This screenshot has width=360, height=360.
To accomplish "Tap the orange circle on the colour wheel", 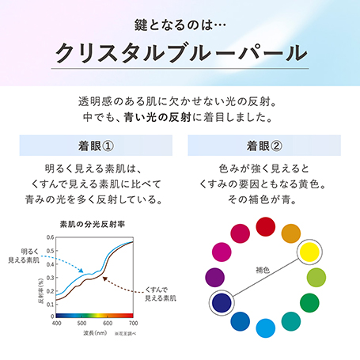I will (x=291, y=233).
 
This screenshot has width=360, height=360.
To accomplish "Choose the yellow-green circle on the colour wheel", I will (x=316, y=277).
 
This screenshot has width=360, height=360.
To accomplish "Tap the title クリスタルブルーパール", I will (x=180, y=54).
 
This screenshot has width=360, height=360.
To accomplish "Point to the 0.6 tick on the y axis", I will (x=50, y=237).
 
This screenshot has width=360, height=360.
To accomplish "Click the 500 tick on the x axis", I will (x=81, y=324).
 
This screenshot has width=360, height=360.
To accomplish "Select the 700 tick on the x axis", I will (x=133, y=324).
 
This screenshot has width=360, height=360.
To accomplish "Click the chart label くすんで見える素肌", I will (x=158, y=295).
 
